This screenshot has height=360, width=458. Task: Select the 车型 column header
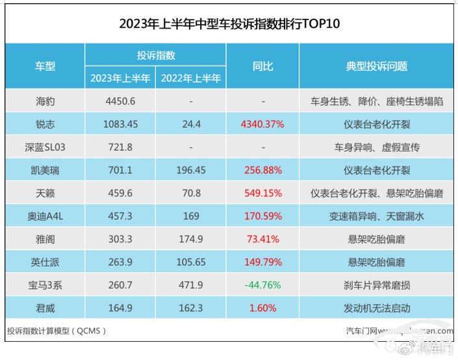tap(45, 66)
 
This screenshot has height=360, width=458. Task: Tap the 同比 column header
tap(262, 66)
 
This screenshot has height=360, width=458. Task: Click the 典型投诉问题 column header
tap(377, 66)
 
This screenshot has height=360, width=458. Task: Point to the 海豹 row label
tap(45, 101)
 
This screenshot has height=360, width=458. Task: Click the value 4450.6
tap(121, 101)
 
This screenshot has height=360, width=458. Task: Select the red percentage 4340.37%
tap(262, 124)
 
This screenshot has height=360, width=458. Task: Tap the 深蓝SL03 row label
tap(45, 147)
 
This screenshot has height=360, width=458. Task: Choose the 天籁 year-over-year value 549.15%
tap(262, 193)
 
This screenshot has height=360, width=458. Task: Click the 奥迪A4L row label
tap(45, 216)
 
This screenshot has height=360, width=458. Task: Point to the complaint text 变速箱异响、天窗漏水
tap(377, 216)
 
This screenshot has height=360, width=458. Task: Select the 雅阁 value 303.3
tap(121, 239)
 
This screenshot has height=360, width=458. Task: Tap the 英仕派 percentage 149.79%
tap(262, 262)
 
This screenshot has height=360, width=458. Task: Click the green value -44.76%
tap(262, 285)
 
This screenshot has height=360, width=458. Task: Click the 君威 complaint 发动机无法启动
tap(377, 308)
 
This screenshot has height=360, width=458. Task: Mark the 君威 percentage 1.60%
tap(262, 308)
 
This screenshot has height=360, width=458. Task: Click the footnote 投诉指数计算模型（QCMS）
tap(57, 330)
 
